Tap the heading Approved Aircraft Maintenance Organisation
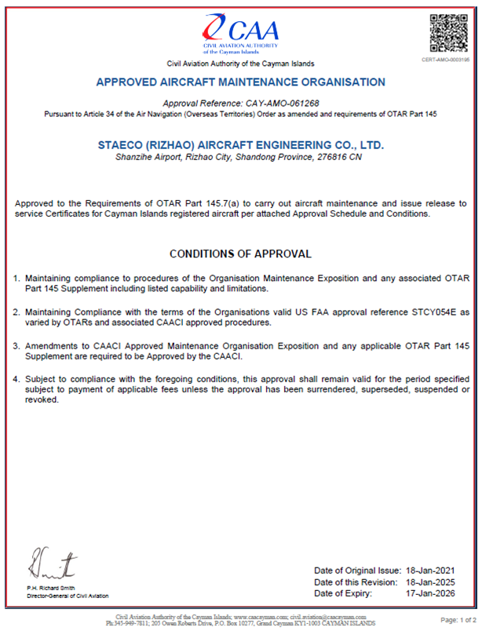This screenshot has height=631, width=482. coord(240,82)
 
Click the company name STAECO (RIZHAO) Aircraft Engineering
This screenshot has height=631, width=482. coord(240,145)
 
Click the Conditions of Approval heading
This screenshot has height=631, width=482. coord(240,253)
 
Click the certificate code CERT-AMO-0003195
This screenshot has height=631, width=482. coord(447,60)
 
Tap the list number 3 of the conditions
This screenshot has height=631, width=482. coord(17,346)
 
